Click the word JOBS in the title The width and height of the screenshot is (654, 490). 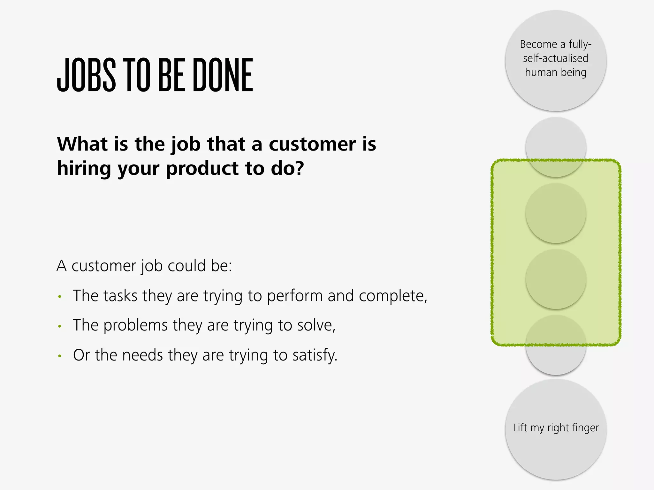coord(86,75)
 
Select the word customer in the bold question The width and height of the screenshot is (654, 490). coord(312,144)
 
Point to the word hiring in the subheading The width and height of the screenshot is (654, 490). coord(84,168)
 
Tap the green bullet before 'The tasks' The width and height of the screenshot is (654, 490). coord(59,297)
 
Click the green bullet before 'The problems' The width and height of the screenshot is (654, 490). coord(59,326)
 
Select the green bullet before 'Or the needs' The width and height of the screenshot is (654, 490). coord(59,356)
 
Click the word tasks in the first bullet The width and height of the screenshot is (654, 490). coord(120,295)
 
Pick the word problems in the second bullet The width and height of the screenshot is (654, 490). coord(135,325)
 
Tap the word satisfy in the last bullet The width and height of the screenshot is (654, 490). coord(314,355)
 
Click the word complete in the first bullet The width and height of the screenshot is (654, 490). coord(392,296)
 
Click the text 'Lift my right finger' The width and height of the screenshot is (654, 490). coord(556,428)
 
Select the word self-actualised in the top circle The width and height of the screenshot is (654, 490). coord(556,58)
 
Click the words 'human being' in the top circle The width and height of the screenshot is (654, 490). coord(556,72)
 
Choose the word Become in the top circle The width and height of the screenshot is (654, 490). coord(538,44)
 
